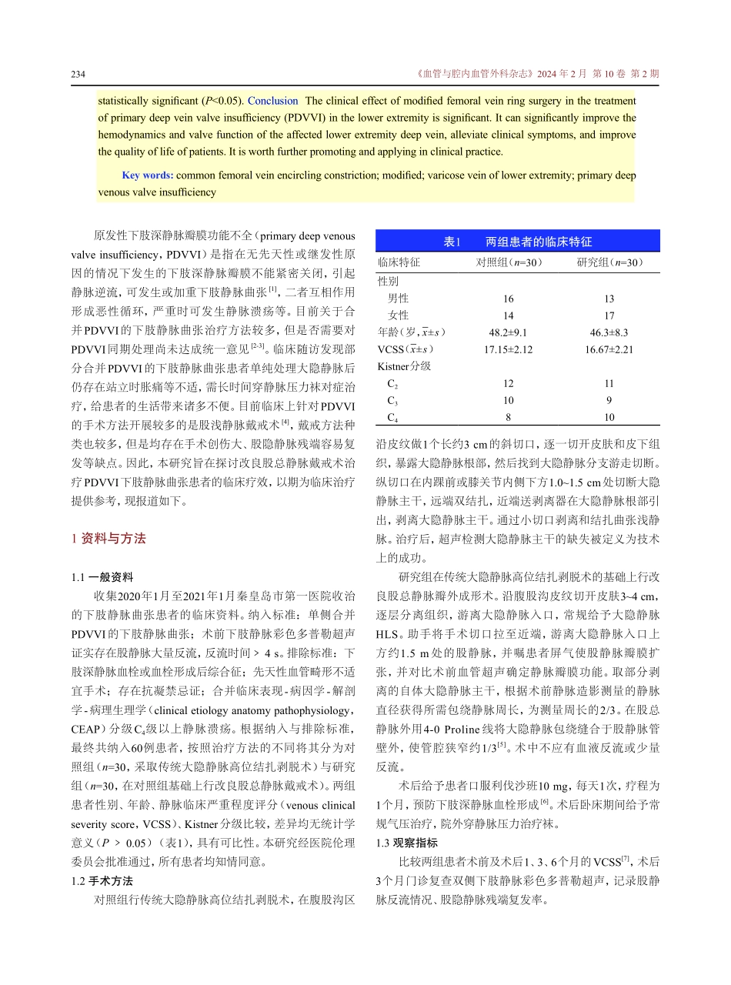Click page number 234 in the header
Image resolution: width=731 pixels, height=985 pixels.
click(x=77, y=75)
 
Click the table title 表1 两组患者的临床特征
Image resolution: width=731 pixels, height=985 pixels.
click(x=518, y=242)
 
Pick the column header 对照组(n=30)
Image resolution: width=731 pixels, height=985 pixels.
click(x=509, y=262)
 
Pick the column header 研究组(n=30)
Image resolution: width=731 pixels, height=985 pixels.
click(x=610, y=262)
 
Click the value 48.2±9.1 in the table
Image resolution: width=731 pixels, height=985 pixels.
click(x=509, y=332)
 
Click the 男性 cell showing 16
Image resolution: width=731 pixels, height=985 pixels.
click(x=509, y=299)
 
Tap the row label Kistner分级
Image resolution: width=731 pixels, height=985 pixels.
click(x=404, y=366)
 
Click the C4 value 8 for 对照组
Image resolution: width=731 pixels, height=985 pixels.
click(x=509, y=417)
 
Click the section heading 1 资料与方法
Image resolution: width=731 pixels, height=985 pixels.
click(x=108, y=539)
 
